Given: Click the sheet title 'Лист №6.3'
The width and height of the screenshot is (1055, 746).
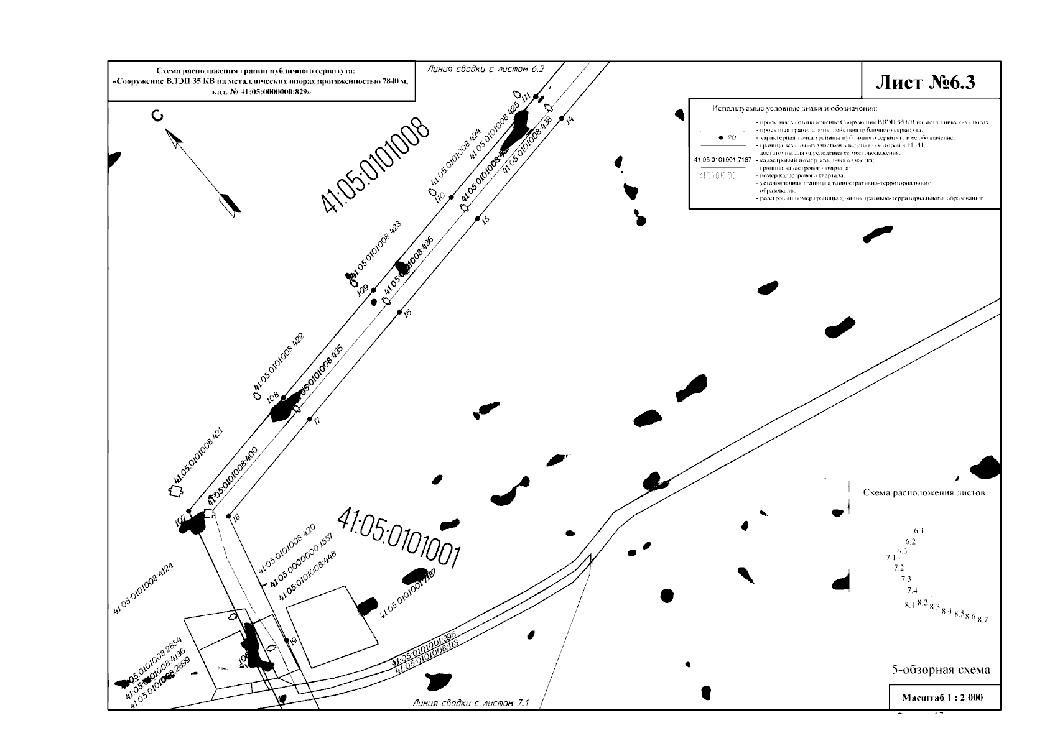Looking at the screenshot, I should point(925,81).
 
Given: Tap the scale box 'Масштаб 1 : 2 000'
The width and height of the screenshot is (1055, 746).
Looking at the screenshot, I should point(942,697).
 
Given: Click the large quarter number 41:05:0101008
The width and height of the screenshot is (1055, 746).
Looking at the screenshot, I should point(375,165).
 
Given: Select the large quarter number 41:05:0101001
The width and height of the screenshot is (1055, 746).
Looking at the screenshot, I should point(399,538).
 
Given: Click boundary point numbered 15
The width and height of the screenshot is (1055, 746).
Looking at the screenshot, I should point(478,219).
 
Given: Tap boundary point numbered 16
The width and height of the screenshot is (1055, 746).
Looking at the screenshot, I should point(401,311).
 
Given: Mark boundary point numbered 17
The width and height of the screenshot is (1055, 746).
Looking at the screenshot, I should point(310,419).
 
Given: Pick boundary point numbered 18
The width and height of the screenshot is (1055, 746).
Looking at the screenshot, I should point(229,517).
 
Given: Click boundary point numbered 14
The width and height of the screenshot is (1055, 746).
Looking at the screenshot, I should point(562,118).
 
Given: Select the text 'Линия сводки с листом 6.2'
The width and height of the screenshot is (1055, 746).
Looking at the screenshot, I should point(485,69).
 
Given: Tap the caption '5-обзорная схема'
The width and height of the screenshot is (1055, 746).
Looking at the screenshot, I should point(941,670).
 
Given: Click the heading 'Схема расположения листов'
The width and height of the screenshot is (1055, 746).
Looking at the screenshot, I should point(924,493).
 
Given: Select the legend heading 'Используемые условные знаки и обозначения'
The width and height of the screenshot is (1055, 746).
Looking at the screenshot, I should point(794,108).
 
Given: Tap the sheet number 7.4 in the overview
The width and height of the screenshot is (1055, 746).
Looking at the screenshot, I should point(912,590).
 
